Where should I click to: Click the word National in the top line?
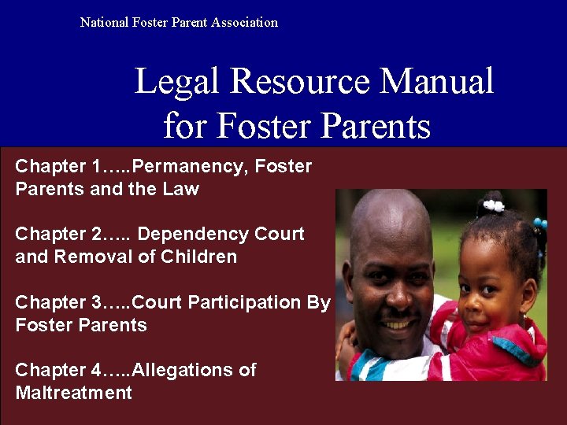105,22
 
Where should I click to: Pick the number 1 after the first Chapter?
98,167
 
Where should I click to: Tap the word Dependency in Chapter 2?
194,235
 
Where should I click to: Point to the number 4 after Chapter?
98,371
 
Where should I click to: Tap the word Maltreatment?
74,394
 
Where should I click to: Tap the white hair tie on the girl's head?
494,206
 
